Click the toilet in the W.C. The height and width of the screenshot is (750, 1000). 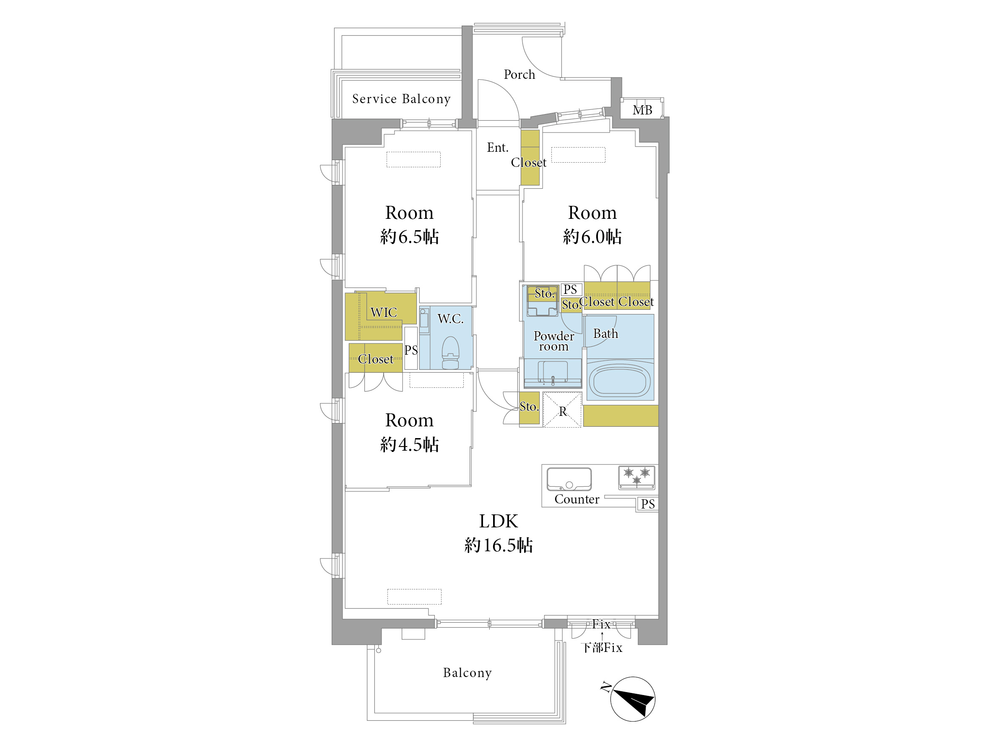pos(450,353)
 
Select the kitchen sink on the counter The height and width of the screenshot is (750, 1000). pos(569,479)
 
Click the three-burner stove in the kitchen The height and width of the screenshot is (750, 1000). pos(636,478)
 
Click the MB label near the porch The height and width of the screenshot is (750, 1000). pos(642,110)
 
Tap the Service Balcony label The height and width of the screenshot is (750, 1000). pos(401,99)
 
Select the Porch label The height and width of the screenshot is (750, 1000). pos(519,74)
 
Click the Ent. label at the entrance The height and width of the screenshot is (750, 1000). pos(498,148)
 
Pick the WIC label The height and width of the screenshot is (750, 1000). pos(384,312)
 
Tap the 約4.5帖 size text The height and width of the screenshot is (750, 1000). pos(410,444)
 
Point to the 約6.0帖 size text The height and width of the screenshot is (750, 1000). pos(592,236)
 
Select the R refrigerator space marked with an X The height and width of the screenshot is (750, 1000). pos(562,410)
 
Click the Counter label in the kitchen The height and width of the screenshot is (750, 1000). pos(577,499)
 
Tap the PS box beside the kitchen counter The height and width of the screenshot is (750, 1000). pos(648,504)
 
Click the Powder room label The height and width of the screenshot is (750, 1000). pos(554,341)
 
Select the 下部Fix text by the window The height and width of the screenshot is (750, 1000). pos(602,648)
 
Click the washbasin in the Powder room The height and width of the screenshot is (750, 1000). pos(553,373)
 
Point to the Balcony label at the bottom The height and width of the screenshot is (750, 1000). pos(468,673)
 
